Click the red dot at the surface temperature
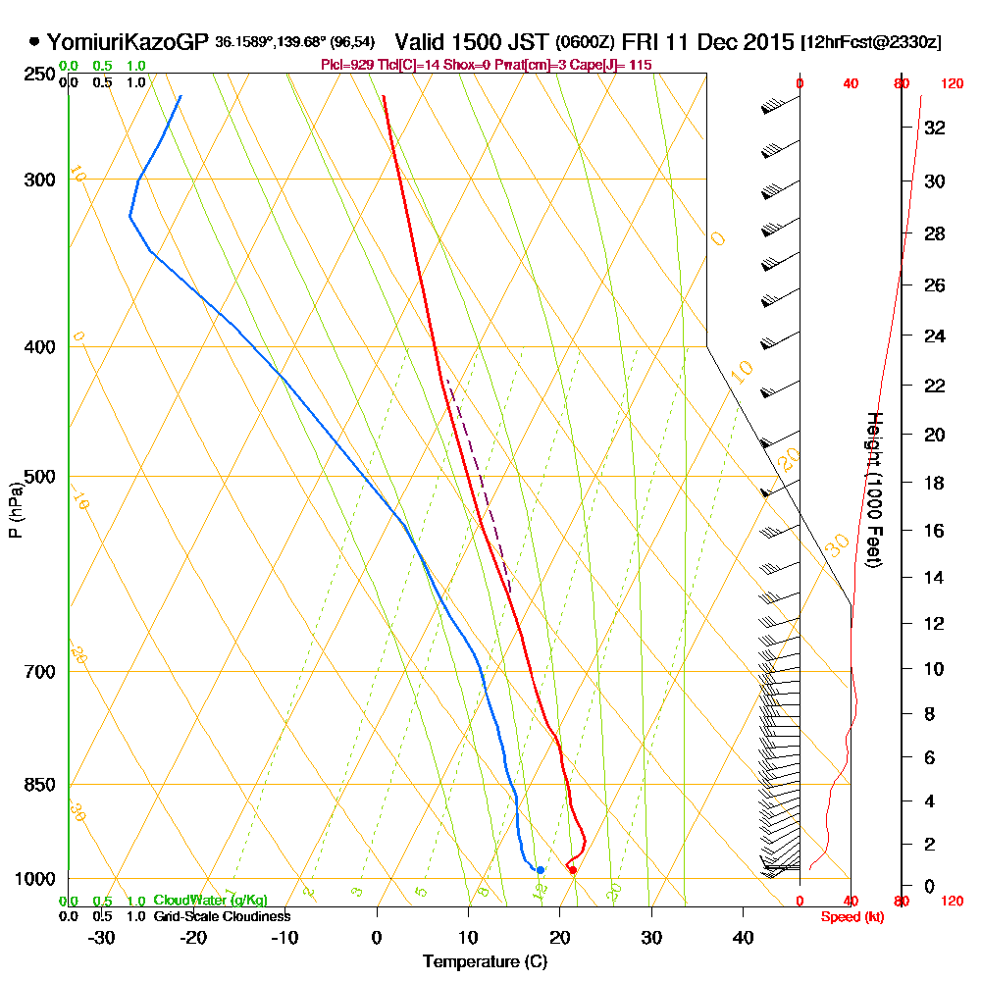point(573,870)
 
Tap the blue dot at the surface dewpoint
point(540,870)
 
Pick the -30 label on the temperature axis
point(102,938)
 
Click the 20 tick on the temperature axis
point(559,938)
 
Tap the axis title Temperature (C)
point(485,961)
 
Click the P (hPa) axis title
point(15,510)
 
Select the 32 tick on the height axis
point(935,128)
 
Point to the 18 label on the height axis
point(935,483)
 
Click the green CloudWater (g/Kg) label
point(210,901)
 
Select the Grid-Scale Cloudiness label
point(222,916)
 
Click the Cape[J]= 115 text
point(613,65)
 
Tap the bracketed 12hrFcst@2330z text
point(871,43)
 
